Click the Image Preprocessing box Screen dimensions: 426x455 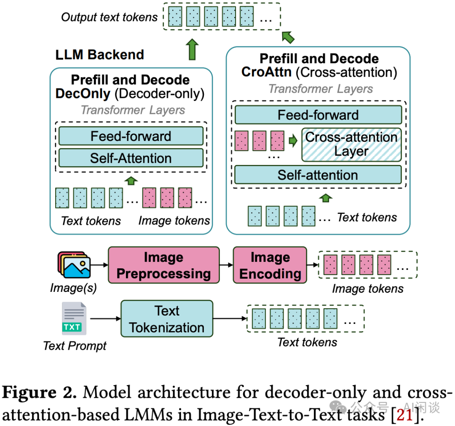click(x=164, y=265)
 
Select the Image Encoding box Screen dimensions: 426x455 click(x=270, y=265)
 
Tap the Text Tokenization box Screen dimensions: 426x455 click(x=167, y=319)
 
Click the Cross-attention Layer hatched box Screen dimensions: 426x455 click(x=351, y=144)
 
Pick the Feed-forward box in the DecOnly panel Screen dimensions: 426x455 click(x=131, y=136)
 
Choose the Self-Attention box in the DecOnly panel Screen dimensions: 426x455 click(x=131, y=158)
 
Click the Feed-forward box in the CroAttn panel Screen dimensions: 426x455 click(x=318, y=115)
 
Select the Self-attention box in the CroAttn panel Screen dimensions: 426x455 click(x=318, y=175)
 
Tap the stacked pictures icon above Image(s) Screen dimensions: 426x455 click(x=74, y=265)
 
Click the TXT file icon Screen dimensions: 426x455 click(x=74, y=319)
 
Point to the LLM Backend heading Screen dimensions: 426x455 click(x=100, y=54)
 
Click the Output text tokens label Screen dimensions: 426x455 click(x=110, y=17)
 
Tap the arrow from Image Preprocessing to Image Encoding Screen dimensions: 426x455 click(x=226, y=265)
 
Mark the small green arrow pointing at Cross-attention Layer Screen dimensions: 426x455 click(x=293, y=141)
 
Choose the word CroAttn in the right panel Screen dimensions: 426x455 click(x=266, y=72)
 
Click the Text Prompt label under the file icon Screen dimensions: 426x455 click(x=75, y=346)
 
